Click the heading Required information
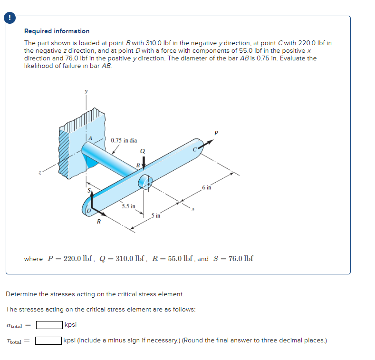coord(57,31)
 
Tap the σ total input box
coord(49,325)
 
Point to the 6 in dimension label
coord(206,188)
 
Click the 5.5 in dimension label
coord(128,206)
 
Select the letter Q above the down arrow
coord(142,151)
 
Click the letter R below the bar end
coord(99,222)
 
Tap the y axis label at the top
coord(86,92)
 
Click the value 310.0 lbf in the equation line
coord(129,259)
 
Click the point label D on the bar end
coord(88,210)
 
